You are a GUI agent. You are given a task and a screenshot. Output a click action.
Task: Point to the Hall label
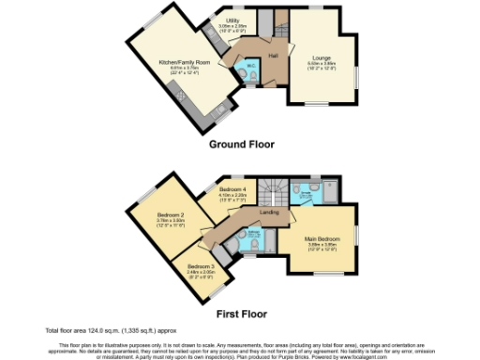click(273, 57)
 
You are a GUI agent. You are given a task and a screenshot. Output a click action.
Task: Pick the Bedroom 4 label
click(233, 190)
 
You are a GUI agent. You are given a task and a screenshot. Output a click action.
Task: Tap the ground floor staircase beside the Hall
click(279, 30)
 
